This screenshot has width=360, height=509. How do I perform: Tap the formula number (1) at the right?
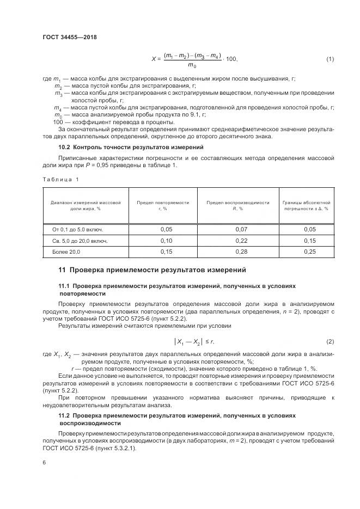coord(330,59)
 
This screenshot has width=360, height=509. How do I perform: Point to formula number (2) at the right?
coord(330,341)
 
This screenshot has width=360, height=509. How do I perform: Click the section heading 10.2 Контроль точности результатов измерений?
coord(130,148)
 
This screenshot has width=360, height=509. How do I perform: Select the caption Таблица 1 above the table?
coord(60,179)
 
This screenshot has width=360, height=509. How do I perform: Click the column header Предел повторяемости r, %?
coord(163,205)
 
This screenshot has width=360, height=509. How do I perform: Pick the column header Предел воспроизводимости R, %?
coord(238,205)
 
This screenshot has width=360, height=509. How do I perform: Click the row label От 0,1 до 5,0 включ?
coord(77,229)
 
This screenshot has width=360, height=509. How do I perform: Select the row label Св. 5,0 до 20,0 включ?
coord(80,241)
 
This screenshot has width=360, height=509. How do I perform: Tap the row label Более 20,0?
coord(66,252)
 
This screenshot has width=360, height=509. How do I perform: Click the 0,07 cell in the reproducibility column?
coord(238,229)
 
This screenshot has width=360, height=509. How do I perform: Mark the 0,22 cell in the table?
coord(238,241)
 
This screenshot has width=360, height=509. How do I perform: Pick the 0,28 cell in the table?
coord(238,252)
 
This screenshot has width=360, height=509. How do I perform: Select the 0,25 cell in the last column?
coord(309,252)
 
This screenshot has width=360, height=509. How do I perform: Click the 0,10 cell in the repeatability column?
coord(167,241)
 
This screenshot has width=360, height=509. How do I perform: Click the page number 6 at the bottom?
coord(44,462)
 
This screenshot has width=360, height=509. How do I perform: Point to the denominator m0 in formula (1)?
coord(192,66)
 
